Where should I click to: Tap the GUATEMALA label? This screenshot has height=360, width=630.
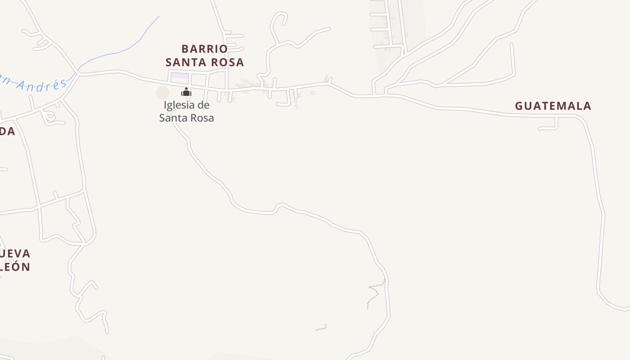tap(553, 106)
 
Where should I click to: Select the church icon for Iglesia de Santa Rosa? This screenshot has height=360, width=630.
tap(186, 92)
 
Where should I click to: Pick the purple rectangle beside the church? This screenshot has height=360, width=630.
tap(180, 76)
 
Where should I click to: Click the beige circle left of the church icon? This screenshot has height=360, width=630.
tap(162, 93)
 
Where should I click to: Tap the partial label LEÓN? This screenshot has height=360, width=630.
tap(15, 267)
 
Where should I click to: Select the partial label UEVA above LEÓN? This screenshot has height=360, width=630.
tap(15, 253)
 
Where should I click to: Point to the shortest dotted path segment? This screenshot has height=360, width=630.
tap(321, 328)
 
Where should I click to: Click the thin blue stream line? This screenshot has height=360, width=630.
tap(121, 50)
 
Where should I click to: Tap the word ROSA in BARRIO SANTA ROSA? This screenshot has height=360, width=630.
tap(229, 63)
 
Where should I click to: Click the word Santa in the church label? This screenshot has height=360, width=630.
tap(172, 118)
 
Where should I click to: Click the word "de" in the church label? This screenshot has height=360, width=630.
tap(203, 105)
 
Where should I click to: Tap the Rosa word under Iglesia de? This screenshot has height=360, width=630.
tap(201, 118)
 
